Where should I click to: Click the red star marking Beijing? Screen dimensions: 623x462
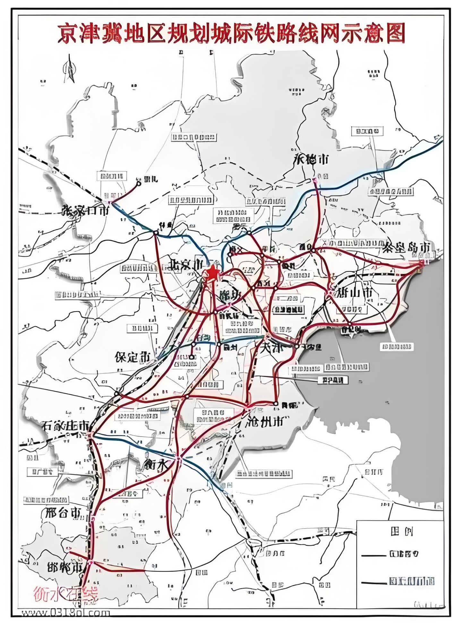[212, 273]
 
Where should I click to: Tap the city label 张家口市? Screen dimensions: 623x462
[86, 210]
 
